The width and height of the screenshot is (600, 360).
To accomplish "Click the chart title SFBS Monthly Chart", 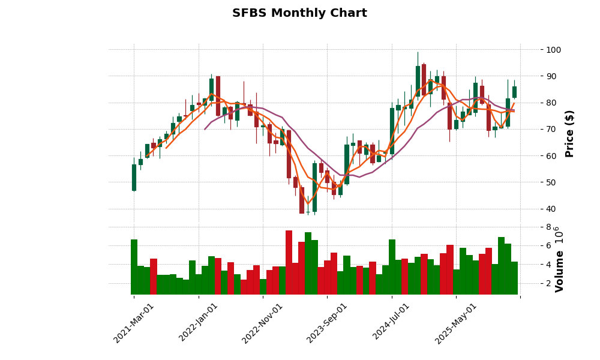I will (299, 13).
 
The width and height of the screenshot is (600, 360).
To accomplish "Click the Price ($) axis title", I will (569, 133).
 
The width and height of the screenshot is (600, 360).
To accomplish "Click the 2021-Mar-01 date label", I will (134, 323).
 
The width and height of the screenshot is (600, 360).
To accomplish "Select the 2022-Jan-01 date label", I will (199, 323).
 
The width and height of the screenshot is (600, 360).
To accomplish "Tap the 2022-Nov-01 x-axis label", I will (263, 323).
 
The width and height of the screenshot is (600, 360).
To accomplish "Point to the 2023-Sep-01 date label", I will (328, 323).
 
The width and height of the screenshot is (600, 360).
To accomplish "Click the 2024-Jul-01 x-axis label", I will (392, 323).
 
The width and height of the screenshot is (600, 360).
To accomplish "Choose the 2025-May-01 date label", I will (456, 323).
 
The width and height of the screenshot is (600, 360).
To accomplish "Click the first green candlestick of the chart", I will (134, 178).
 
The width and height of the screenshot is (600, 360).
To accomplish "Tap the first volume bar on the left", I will (134, 267).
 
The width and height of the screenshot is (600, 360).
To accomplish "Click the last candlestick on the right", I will (514, 92).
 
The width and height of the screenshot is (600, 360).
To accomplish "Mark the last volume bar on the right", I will (514, 278).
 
